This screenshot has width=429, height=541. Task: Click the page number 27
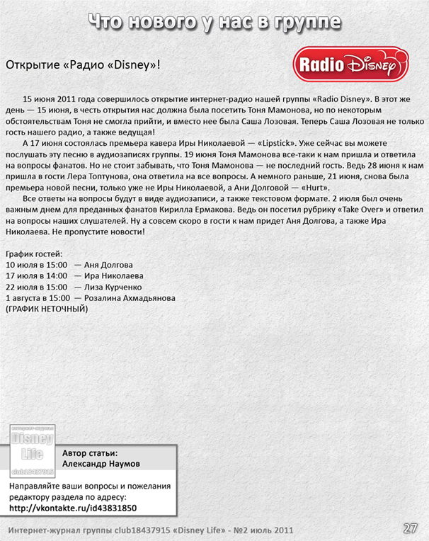(x=410, y=528)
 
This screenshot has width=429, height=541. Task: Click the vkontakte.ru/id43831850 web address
(x=84, y=508)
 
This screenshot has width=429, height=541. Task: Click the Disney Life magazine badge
(x=32, y=450)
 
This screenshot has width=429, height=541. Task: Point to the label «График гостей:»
(x=34, y=254)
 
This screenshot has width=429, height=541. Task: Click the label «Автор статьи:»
(x=90, y=453)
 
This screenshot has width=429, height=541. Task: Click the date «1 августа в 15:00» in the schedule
(x=38, y=299)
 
